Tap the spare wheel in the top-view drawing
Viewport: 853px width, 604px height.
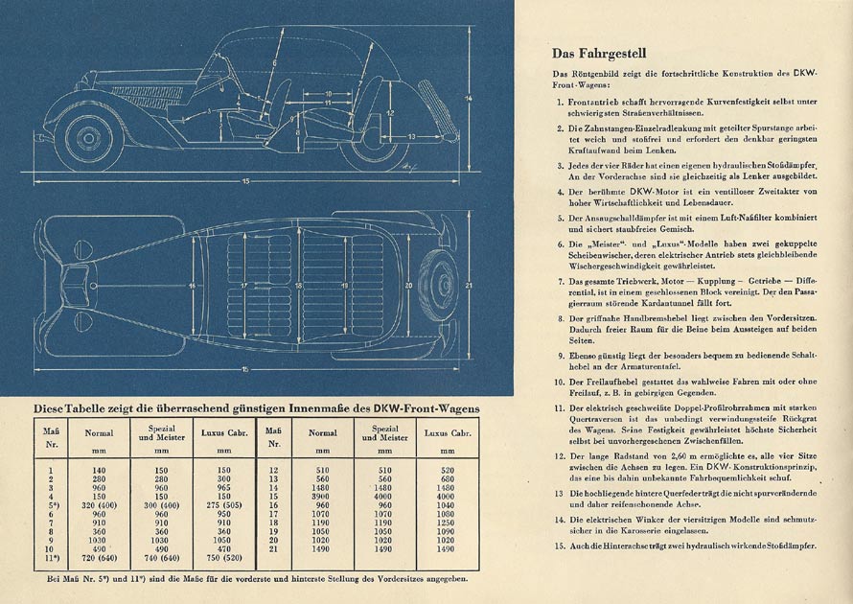pyautogui.click(x=445, y=286)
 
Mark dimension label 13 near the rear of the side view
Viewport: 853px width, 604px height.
pyautogui.click(x=409, y=137)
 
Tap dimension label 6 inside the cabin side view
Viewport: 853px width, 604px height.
pyautogui.click(x=273, y=63)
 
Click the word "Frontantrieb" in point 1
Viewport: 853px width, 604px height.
pyautogui.click(x=597, y=101)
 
